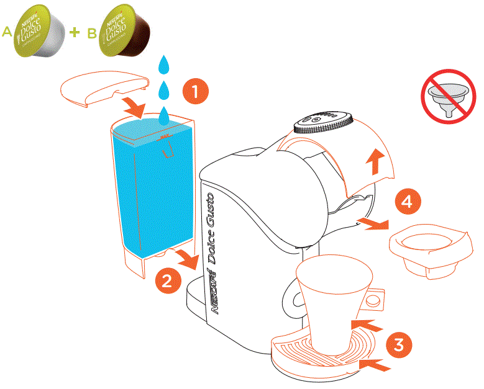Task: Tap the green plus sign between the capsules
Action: click(75, 32)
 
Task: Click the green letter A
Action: click(7, 32)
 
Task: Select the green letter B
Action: click(91, 34)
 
